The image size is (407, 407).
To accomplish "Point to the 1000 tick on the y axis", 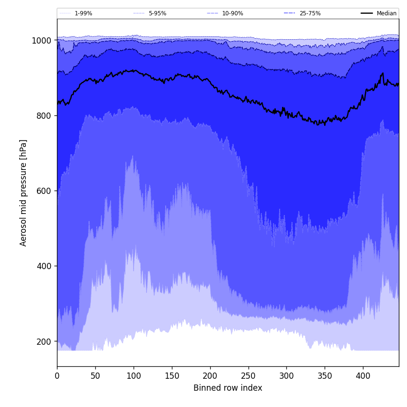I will click(x=42, y=41).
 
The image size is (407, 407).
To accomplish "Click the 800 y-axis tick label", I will click(x=44, y=116).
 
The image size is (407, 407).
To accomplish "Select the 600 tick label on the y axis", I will click(x=44, y=191).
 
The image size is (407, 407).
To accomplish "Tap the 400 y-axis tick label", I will click(x=44, y=266).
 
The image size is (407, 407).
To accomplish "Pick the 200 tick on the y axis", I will click(x=44, y=341).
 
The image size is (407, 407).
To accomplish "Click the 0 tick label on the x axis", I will click(x=57, y=376).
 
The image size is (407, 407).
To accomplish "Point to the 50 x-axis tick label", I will click(x=95, y=376).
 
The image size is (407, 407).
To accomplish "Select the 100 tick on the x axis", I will click(x=134, y=376).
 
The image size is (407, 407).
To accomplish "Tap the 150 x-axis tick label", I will click(x=172, y=376).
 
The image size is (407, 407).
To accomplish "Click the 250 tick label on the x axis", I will click(x=248, y=376).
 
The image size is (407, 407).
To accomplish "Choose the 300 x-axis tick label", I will click(x=286, y=376).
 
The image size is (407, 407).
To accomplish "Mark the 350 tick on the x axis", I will click(x=325, y=376).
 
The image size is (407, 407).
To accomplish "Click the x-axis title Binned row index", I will click(x=228, y=388).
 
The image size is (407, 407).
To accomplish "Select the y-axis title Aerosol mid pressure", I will click(x=23, y=192).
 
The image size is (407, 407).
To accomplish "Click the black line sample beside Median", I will click(x=367, y=13).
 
